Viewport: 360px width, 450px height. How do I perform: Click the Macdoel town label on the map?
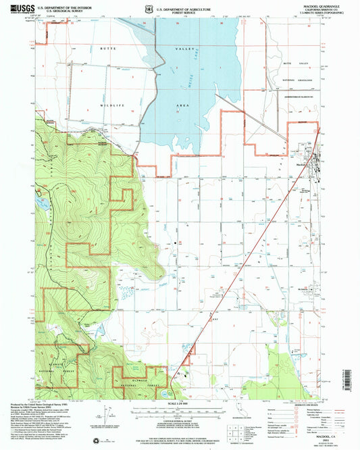point(302,165)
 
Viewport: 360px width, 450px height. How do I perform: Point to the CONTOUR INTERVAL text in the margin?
point(180,419)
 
